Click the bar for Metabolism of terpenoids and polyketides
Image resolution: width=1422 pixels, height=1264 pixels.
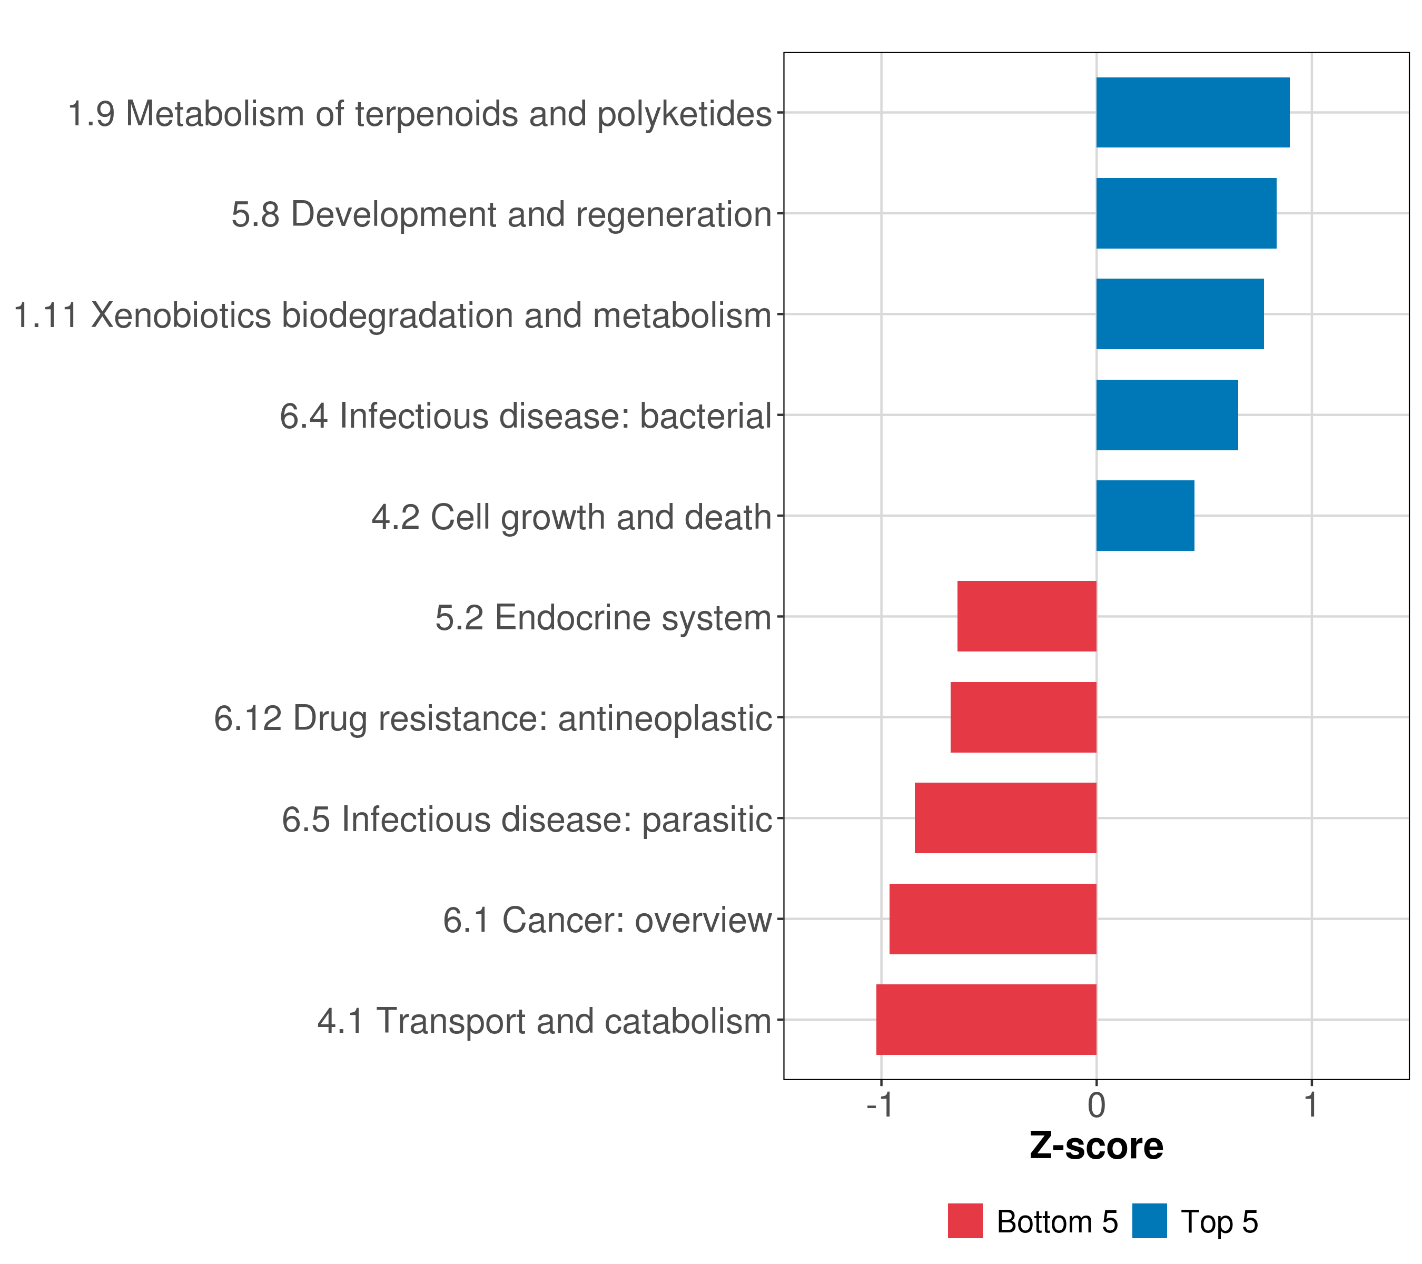click(x=1192, y=113)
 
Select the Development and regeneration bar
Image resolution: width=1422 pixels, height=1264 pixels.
click(x=1186, y=214)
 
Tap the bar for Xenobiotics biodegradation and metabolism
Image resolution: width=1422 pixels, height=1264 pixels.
click(x=1180, y=314)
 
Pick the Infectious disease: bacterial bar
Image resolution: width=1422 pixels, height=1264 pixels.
click(x=1167, y=416)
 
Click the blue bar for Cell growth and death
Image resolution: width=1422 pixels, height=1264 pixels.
click(x=1145, y=516)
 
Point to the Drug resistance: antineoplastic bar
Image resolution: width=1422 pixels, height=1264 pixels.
click(x=1023, y=717)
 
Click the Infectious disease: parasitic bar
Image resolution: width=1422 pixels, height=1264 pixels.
click(x=1005, y=818)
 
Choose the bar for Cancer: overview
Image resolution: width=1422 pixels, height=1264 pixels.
click(x=993, y=919)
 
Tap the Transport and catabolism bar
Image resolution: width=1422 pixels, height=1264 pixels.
click(x=986, y=1020)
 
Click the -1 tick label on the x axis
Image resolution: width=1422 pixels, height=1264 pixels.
click(x=880, y=1105)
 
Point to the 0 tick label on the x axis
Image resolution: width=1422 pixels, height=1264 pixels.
click(x=1097, y=1105)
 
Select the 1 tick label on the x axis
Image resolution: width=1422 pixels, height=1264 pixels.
click(x=1311, y=1105)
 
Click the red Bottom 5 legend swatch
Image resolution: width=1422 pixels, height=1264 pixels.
click(x=965, y=1221)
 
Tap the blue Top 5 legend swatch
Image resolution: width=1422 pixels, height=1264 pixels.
click(x=1149, y=1221)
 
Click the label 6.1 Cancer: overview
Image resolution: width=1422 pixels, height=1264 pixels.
click(x=607, y=920)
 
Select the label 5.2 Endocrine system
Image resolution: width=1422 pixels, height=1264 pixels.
click(x=603, y=618)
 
